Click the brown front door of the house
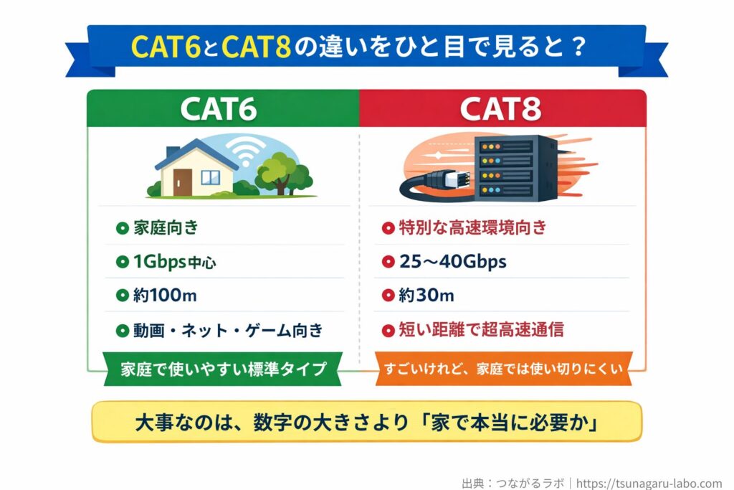(x=182, y=182)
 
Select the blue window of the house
(x=211, y=178)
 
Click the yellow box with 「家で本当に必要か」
(x=366, y=423)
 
